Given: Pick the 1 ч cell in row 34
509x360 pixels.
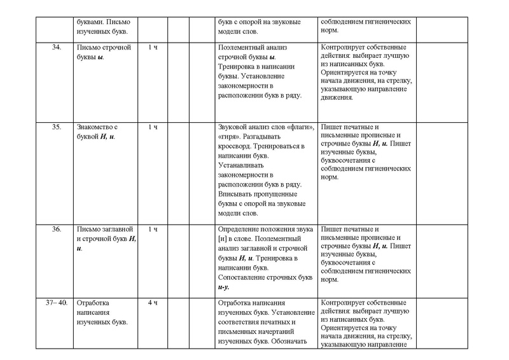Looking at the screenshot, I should coord(153,48).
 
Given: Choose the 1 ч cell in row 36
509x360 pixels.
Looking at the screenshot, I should coord(153,230).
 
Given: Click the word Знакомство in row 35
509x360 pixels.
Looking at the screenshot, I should coord(96,127).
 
